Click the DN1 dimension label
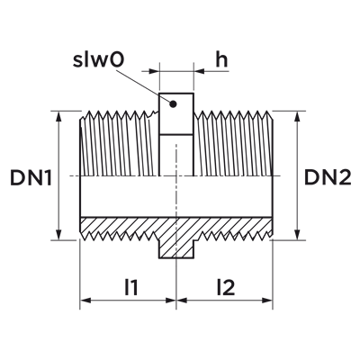tap(31, 177)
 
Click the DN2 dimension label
tap(328, 177)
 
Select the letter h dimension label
tap(221, 59)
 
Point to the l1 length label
tap(131, 287)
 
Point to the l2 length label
tap(225, 287)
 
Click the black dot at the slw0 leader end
tap(173, 104)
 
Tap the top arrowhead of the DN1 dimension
tap(59, 116)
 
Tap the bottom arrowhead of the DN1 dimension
tap(59, 235)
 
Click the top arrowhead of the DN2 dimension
tap(297, 116)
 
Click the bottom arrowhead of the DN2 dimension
tap(297, 235)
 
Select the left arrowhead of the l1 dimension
tap(85, 301)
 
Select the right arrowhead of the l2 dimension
tap(266, 301)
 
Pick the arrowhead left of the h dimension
tap(154, 71)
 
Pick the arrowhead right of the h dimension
tap(199, 71)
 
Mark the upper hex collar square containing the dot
tap(176, 114)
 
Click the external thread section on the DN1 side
tap(119, 143)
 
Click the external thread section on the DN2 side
tap(233, 143)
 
